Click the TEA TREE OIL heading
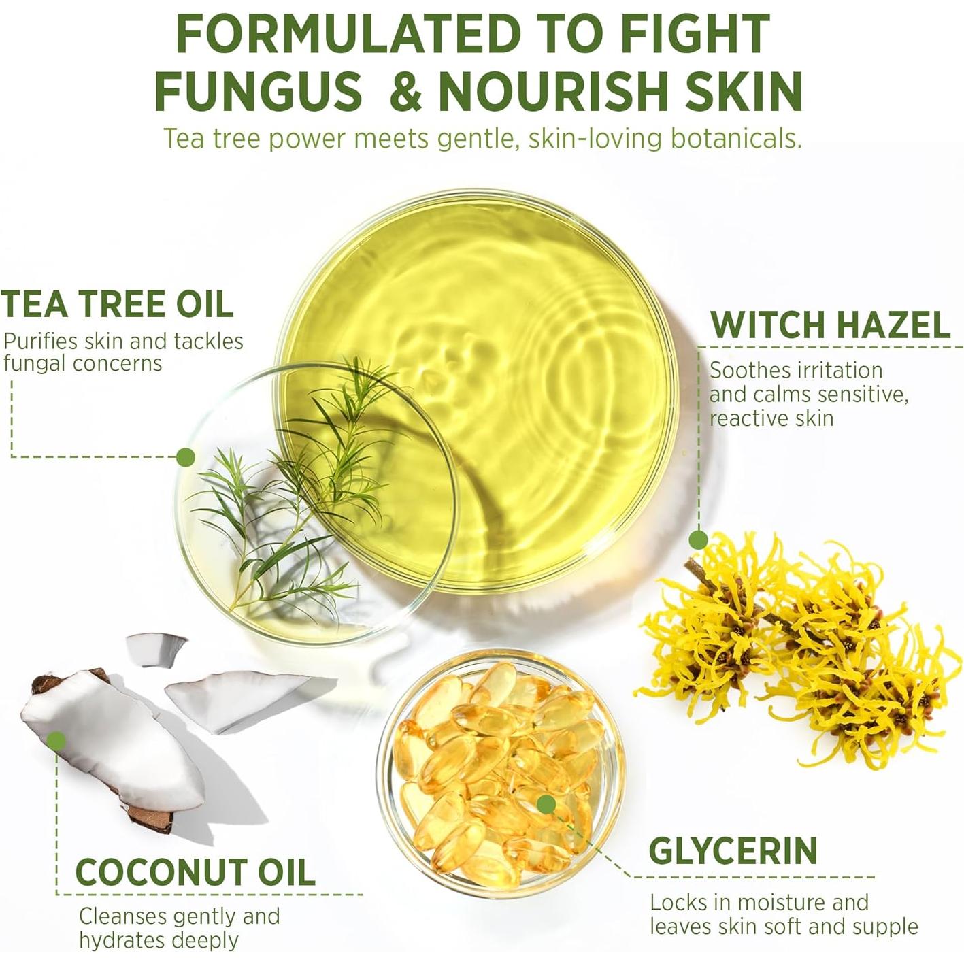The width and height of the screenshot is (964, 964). click(117, 303)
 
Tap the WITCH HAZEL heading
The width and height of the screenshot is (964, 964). click(830, 325)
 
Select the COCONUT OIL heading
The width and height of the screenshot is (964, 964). click(195, 872)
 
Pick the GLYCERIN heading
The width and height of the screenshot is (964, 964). click(733, 850)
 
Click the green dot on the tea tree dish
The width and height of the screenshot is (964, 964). click(185, 456)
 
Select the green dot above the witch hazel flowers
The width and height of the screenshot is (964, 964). click(698, 540)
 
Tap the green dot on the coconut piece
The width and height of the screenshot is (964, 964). click(57, 741)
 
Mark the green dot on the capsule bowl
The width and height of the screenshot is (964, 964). click(545, 804)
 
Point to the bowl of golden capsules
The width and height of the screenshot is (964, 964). click(500, 769)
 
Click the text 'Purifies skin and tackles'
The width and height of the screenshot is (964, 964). click(123, 341)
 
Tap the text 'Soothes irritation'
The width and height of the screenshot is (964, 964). click(796, 370)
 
